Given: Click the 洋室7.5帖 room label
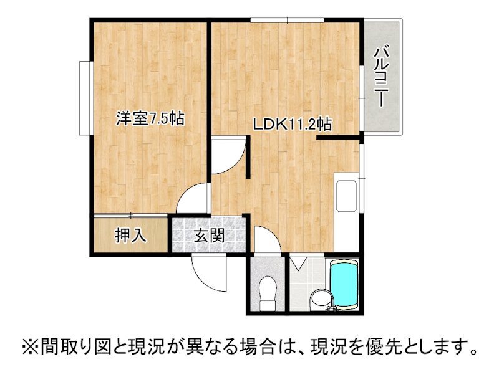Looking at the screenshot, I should pyautogui.click(x=150, y=118).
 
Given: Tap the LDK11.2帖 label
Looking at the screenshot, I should pyautogui.click(x=291, y=124).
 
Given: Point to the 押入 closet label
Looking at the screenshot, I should pyautogui.click(x=130, y=235).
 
